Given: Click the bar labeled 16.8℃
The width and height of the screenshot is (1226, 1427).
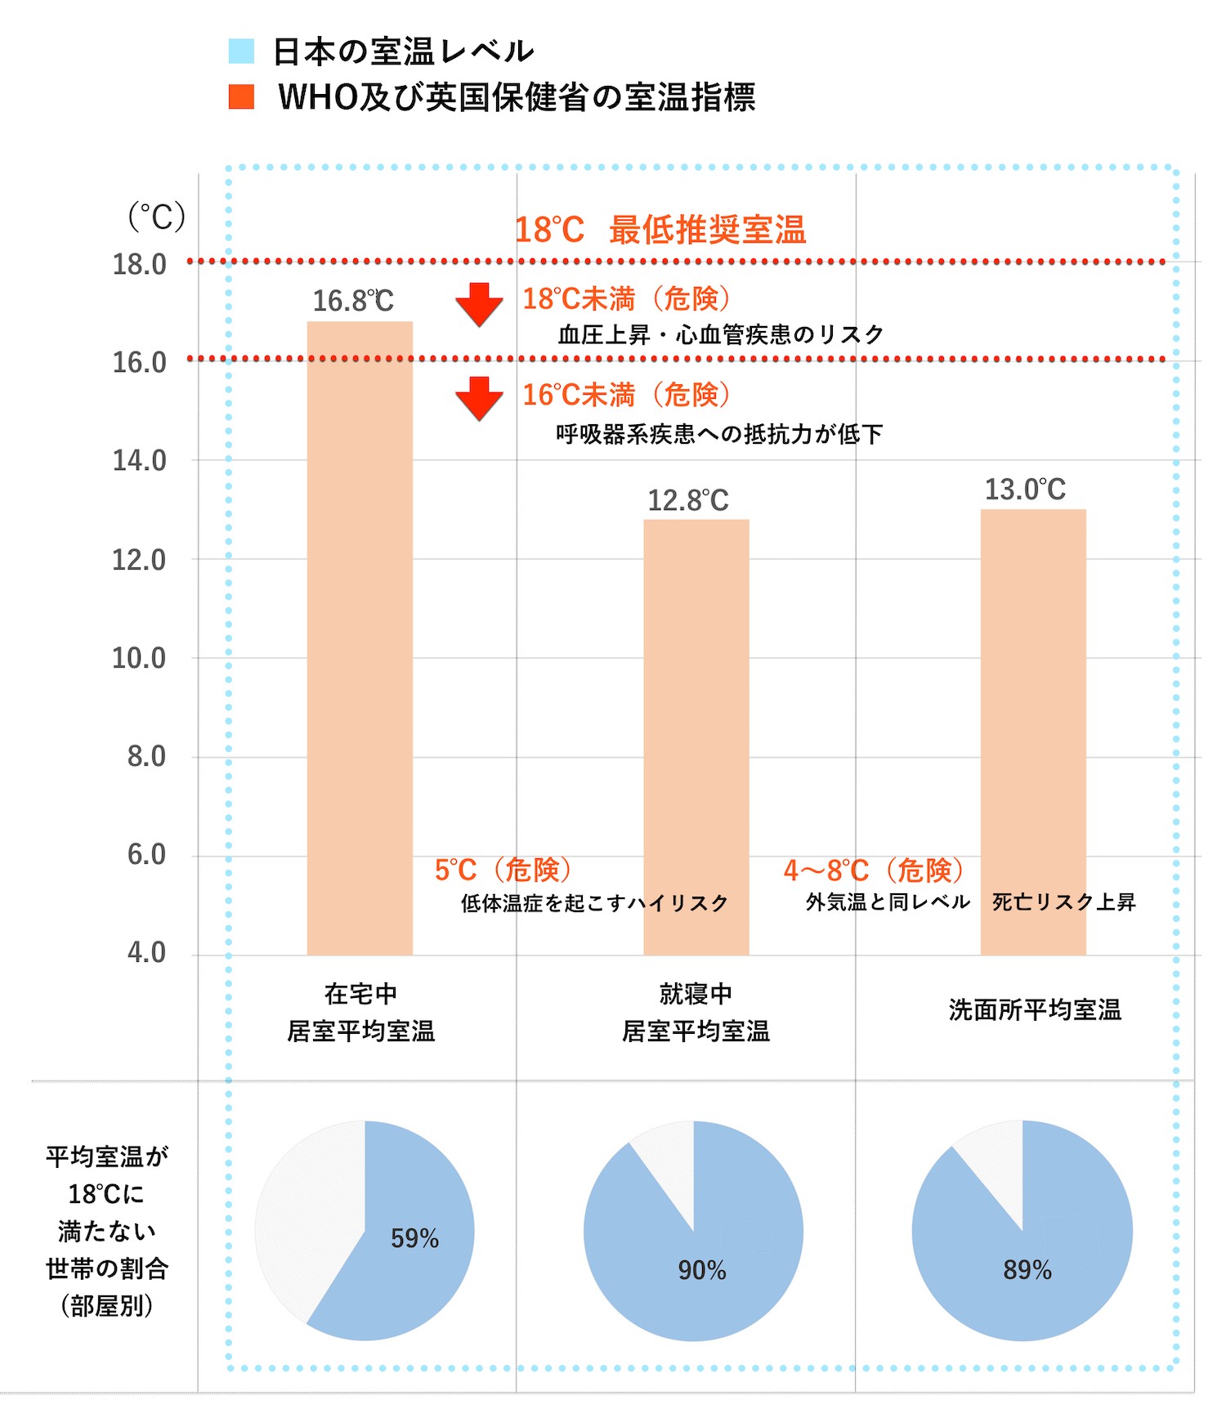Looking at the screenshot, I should point(360,637).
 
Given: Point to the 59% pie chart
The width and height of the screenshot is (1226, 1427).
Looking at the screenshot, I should point(365,1230).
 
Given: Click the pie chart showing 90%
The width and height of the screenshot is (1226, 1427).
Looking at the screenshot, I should point(693,1231).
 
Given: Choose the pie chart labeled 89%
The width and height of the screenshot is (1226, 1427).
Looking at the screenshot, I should point(1022,1231).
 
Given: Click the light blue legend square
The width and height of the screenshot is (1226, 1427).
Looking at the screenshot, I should point(241,51).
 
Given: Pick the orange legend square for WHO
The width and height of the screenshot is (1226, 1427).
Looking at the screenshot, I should point(241,96).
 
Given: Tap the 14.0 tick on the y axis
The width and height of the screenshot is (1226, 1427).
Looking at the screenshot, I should point(139,461).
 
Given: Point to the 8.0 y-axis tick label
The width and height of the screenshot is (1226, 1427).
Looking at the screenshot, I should point(146,757).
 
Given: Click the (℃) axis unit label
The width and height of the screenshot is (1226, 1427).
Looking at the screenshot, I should point(156,217).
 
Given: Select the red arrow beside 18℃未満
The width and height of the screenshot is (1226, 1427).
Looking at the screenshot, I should point(479,304).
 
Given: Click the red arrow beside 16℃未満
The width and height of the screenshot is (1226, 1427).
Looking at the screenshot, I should point(479,398).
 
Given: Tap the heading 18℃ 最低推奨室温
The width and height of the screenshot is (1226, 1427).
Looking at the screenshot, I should point(660,230).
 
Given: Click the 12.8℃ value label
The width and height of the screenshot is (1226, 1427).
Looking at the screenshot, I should point(688,500).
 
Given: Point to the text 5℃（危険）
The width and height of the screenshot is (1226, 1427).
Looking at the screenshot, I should point(503,870).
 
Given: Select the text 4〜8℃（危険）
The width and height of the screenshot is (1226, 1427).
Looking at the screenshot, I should point(874,870).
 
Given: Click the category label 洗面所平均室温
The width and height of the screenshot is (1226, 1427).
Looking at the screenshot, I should point(1035,1010).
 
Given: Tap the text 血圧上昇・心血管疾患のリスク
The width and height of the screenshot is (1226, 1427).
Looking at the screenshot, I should point(721,334).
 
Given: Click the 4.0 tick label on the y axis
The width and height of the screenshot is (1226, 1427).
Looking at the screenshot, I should point(146,953).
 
